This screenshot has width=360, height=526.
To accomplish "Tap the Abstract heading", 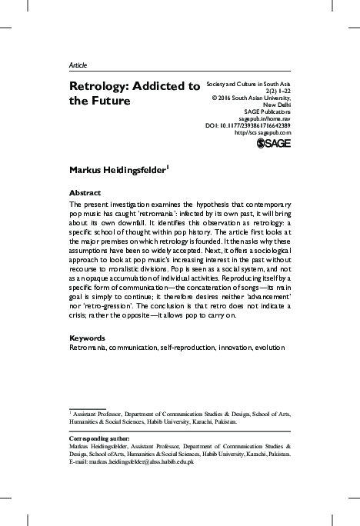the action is (x=85, y=192).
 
